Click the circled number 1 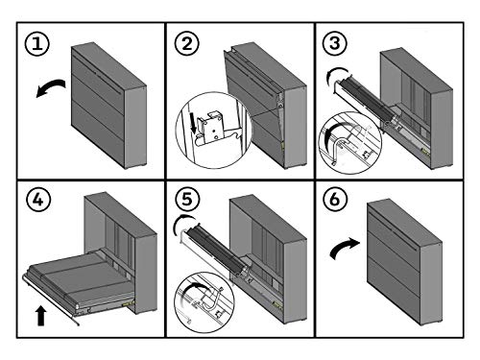(x=37, y=43)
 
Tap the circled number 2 (x=187, y=43)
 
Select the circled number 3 (x=335, y=43)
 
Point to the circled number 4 (x=38, y=200)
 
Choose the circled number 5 (x=187, y=199)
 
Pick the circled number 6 (x=335, y=199)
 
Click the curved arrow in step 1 (x=51, y=85)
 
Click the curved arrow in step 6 (x=344, y=247)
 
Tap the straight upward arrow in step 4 (x=41, y=316)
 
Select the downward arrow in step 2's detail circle (x=193, y=126)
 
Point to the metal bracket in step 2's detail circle (x=209, y=128)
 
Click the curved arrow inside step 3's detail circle (x=332, y=132)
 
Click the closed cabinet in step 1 (x=108, y=105)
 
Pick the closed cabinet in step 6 (x=405, y=262)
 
